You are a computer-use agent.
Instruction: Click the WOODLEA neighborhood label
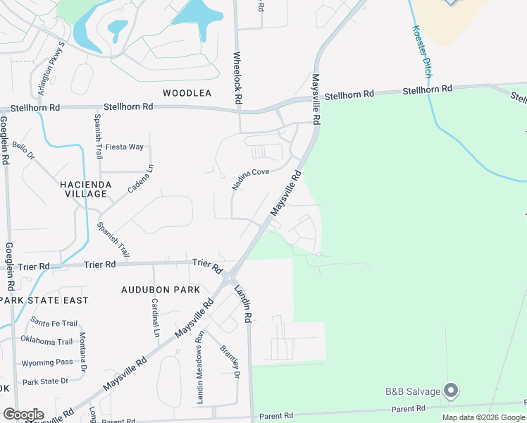click(x=187, y=93)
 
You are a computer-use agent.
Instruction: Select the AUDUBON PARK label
click(x=161, y=290)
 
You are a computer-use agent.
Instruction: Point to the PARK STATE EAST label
click(x=44, y=300)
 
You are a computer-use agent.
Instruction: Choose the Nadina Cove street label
click(x=251, y=179)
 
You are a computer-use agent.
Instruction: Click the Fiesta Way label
click(x=125, y=147)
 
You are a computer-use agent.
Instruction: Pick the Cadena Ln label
click(x=139, y=179)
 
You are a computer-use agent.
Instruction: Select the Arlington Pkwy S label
click(x=51, y=68)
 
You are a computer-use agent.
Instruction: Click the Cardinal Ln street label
click(x=154, y=317)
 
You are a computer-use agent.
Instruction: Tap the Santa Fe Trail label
click(x=54, y=323)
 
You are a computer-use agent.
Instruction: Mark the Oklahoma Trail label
click(x=47, y=342)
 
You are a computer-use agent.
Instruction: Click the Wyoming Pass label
click(x=47, y=362)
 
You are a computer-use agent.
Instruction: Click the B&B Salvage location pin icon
click(x=452, y=390)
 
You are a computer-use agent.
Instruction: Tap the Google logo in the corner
click(x=23, y=415)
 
